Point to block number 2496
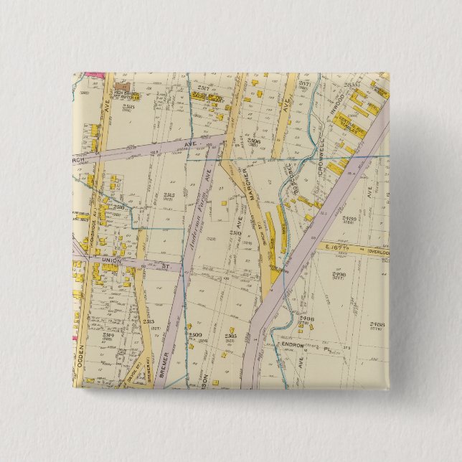point(308,319)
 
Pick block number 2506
point(253,141)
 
